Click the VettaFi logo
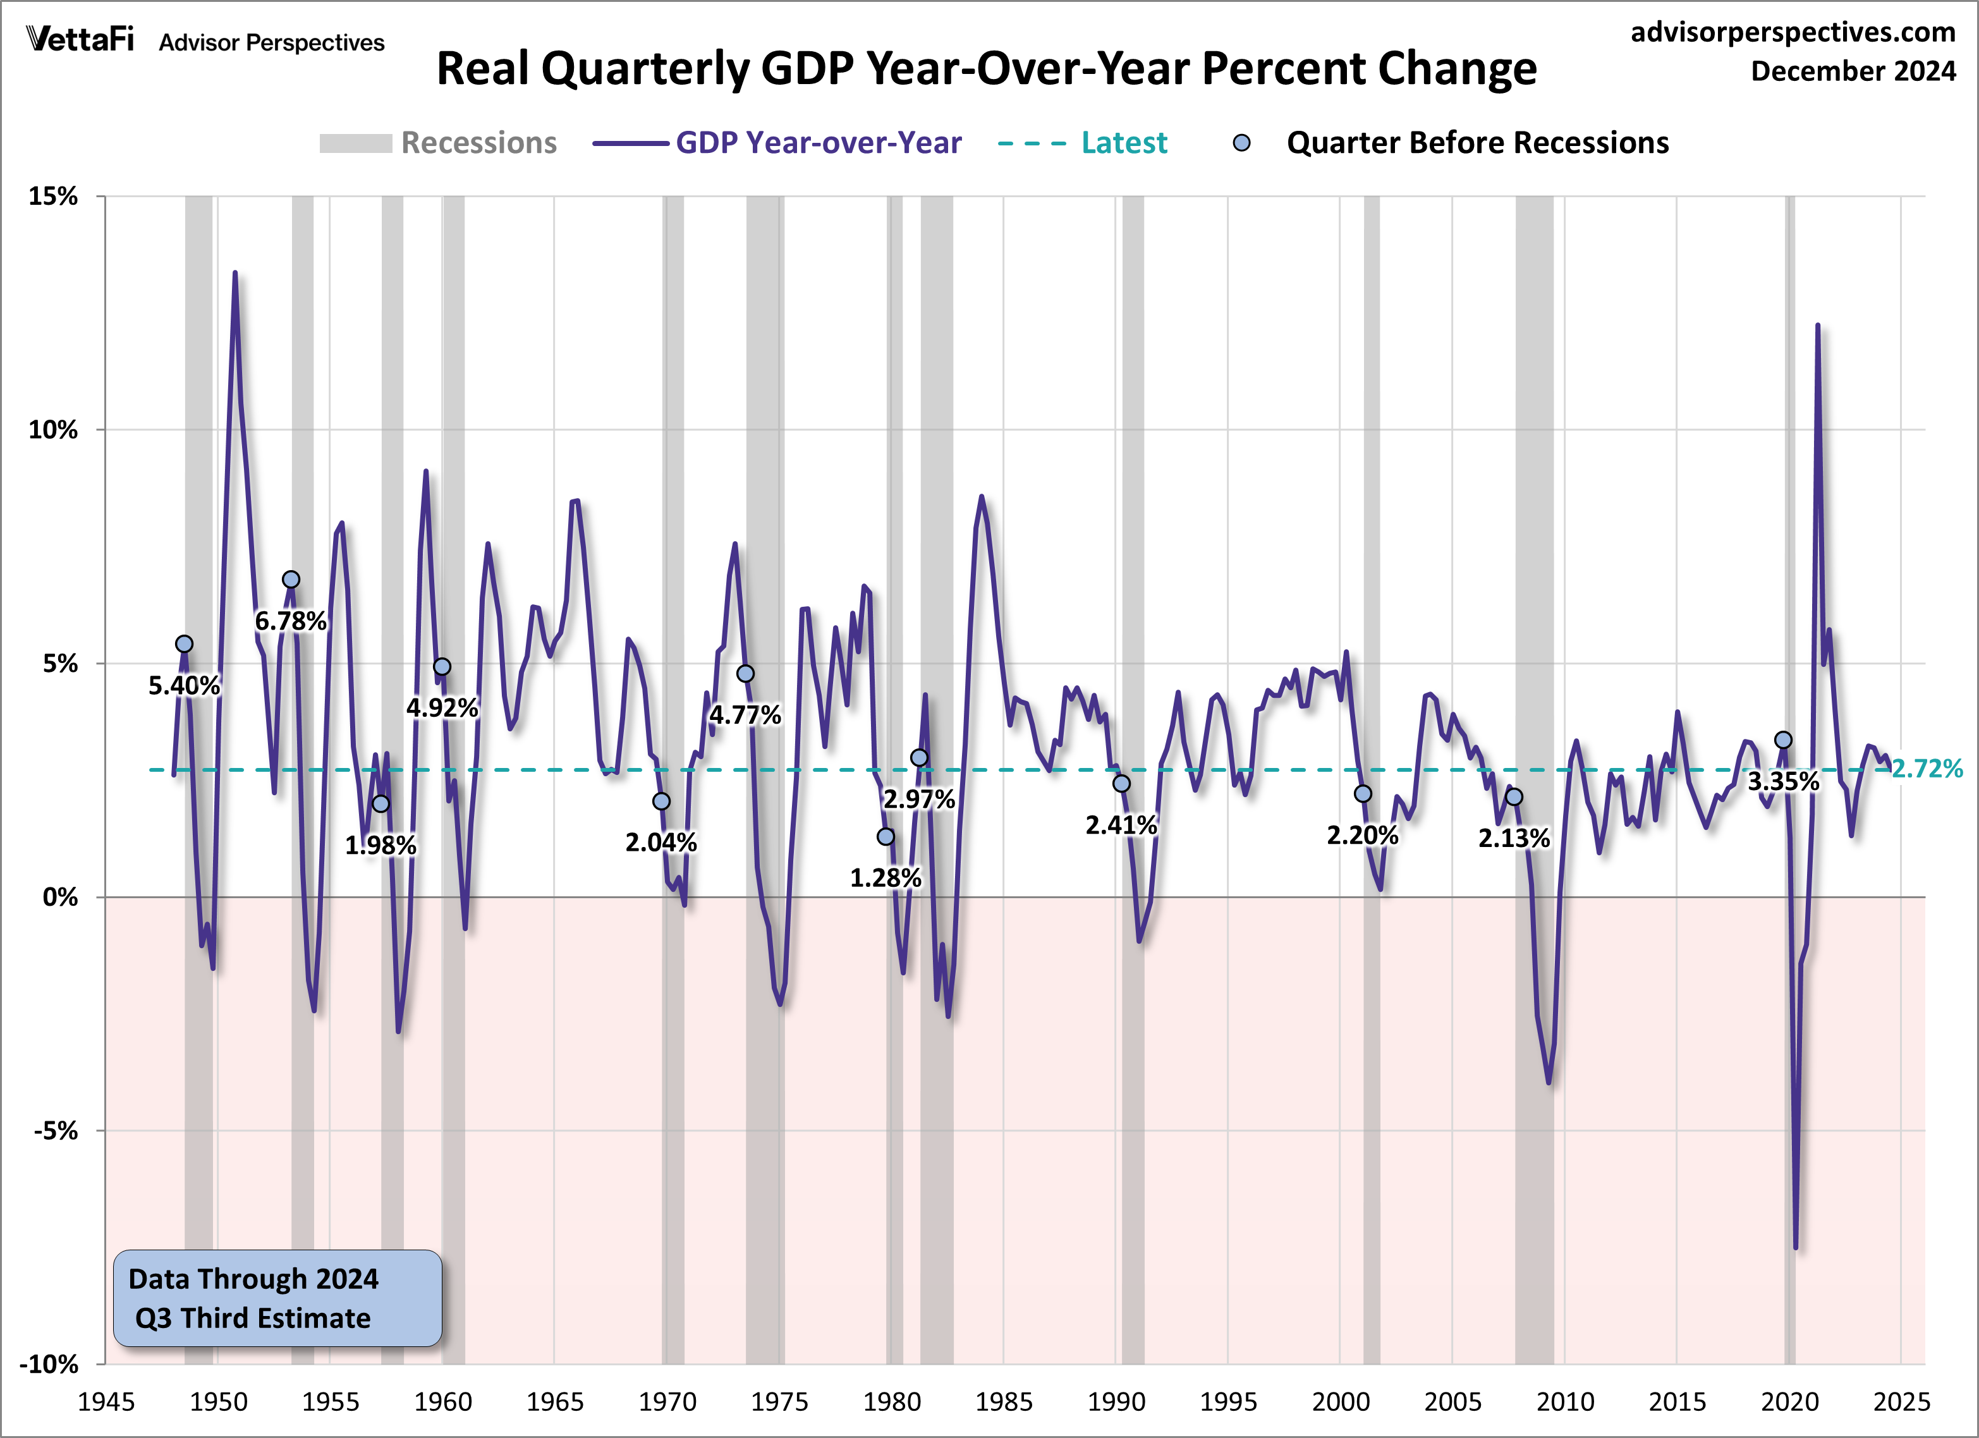coord(80,40)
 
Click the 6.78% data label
coord(291,621)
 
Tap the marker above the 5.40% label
coord(184,644)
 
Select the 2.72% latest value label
coord(1927,769)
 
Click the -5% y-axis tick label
coord(56,1131)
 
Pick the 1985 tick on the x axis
coord(1004,1402)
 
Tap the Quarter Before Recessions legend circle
coord(1241,143)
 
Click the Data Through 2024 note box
coord(277,1298)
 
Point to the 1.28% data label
coord(885,878)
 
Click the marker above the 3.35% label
coord(1784,740)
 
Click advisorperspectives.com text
coord(1793,32)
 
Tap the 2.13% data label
coord(1514,839)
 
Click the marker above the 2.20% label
coord(1363,794)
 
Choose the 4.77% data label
coord(745,716)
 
